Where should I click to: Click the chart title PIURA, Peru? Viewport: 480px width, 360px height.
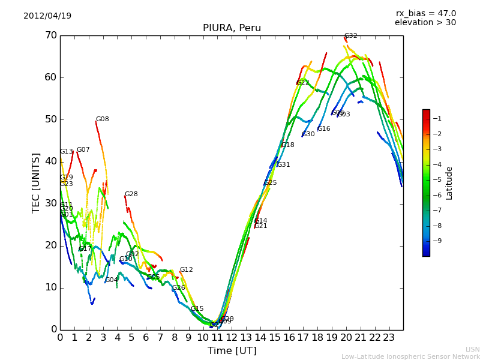pyautogui.click(x=232, y=28)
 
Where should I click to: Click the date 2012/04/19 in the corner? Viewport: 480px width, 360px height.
pyautogui.click(x=47, y=16)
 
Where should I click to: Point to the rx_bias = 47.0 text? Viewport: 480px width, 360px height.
pyautogui.click(x=425, y=13)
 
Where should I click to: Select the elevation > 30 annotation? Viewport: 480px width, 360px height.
pyautogui.click(x=425, y=23)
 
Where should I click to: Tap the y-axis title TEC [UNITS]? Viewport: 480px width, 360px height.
pyautogui.click(x=36, y=182)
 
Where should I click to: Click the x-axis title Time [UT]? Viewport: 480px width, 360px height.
pyautogui.click(x=232, y=350)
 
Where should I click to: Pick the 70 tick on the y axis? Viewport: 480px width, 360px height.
pyautogui.click(x=51, y=35)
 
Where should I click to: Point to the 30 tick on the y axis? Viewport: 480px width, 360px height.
pyautogui.click(x=51, y=203)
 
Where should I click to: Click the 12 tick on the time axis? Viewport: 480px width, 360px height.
pyautogui.click(x=232, y=337)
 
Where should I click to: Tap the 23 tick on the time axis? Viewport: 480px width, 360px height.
pyautogui.click(x=389, y=337)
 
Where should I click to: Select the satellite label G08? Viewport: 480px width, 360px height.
pyautogui.click(x=103, y=119)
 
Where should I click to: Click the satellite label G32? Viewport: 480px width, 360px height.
pyautogui.click(x=350, y=36)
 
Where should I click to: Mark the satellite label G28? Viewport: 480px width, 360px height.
pyautogui.click(x=131, y=194)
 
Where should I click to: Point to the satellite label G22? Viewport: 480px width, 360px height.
pyautogui.click(x=303, y=83)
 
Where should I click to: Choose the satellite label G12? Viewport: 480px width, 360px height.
pyautogui.click(x=187, y=270)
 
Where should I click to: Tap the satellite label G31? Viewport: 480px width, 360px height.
pyautogui.click(x=283, y=165)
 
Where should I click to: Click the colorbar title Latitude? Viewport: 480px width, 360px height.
pyautogui.click(x=449, y=183)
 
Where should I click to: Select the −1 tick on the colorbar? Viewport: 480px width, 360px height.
pyautogui.click(x=437, y=118)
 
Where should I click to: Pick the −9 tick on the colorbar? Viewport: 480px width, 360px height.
pyautogui.click(x=437, y=241)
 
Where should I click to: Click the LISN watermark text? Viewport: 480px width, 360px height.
pyautogui.click(x=473, y=349)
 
